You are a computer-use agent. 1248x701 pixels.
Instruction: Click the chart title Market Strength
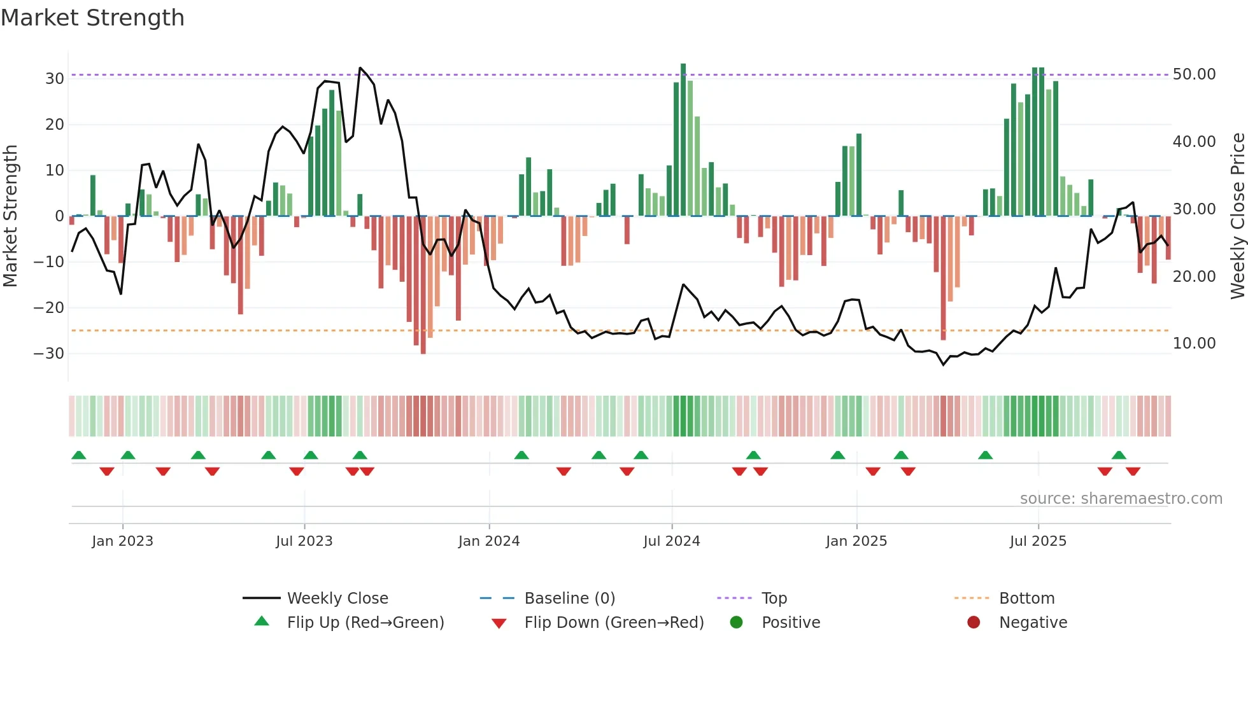(92, 18)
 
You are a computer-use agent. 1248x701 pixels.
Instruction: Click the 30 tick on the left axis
(55, 78)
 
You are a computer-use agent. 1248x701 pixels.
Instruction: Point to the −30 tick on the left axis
(50, 353)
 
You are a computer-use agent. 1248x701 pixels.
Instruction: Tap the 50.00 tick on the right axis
(1194, 74)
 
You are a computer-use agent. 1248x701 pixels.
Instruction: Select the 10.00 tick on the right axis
(1194, 344)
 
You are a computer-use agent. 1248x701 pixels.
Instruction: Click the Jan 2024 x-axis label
(488, 541)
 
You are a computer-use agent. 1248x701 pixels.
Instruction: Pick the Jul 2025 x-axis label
(1037, 541)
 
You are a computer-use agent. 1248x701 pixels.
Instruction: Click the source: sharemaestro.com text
(1121, 498)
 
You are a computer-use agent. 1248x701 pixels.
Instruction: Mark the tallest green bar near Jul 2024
(683, 140)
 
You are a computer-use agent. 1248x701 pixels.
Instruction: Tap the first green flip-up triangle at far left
(79, 455)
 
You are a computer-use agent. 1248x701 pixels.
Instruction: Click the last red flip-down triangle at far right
(1133, 471)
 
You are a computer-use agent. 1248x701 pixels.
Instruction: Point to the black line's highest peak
(360, 67)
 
